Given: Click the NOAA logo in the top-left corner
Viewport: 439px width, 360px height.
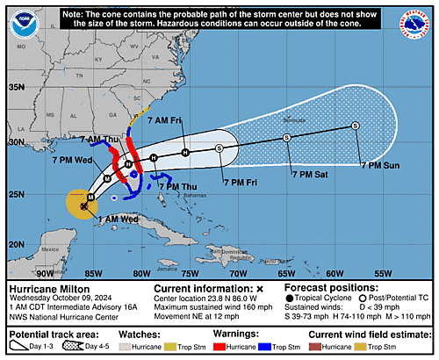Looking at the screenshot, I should click(23, 24).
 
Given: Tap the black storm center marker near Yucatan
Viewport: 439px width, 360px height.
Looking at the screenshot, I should click(83, 206).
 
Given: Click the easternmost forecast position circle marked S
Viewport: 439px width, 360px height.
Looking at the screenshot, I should click(356, 126).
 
